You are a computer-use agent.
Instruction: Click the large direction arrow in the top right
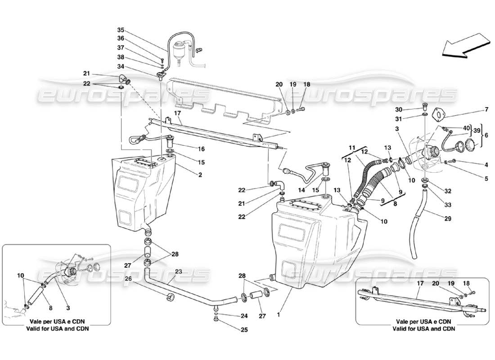466,48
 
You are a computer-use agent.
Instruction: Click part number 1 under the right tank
279,315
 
